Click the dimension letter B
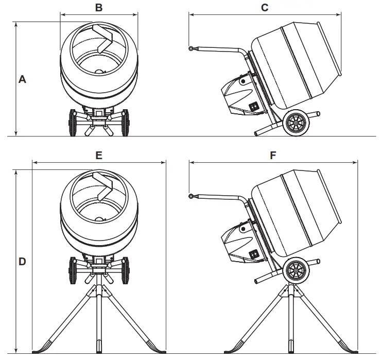pos(99,7)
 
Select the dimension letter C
pos(265,7)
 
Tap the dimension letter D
pos(22,261)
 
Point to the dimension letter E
pos(99,155)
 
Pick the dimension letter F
pos(273,155)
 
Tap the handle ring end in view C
pos(191,49)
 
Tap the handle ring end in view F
pos(191,196)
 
